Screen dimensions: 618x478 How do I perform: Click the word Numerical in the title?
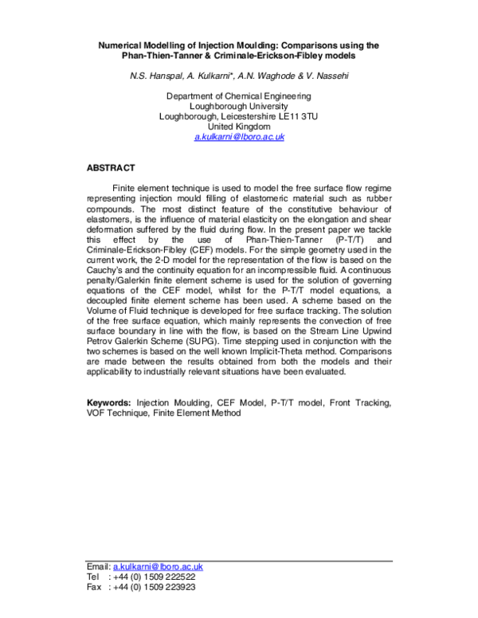pos(120,45)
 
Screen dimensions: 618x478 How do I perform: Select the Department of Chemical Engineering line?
pos(239,96)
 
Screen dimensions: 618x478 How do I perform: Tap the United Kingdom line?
pos(239,127)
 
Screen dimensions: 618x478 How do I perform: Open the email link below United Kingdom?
pos(239,137)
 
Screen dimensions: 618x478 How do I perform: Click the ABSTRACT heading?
pos(111,168)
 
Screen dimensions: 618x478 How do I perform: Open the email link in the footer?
pos(158,566)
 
